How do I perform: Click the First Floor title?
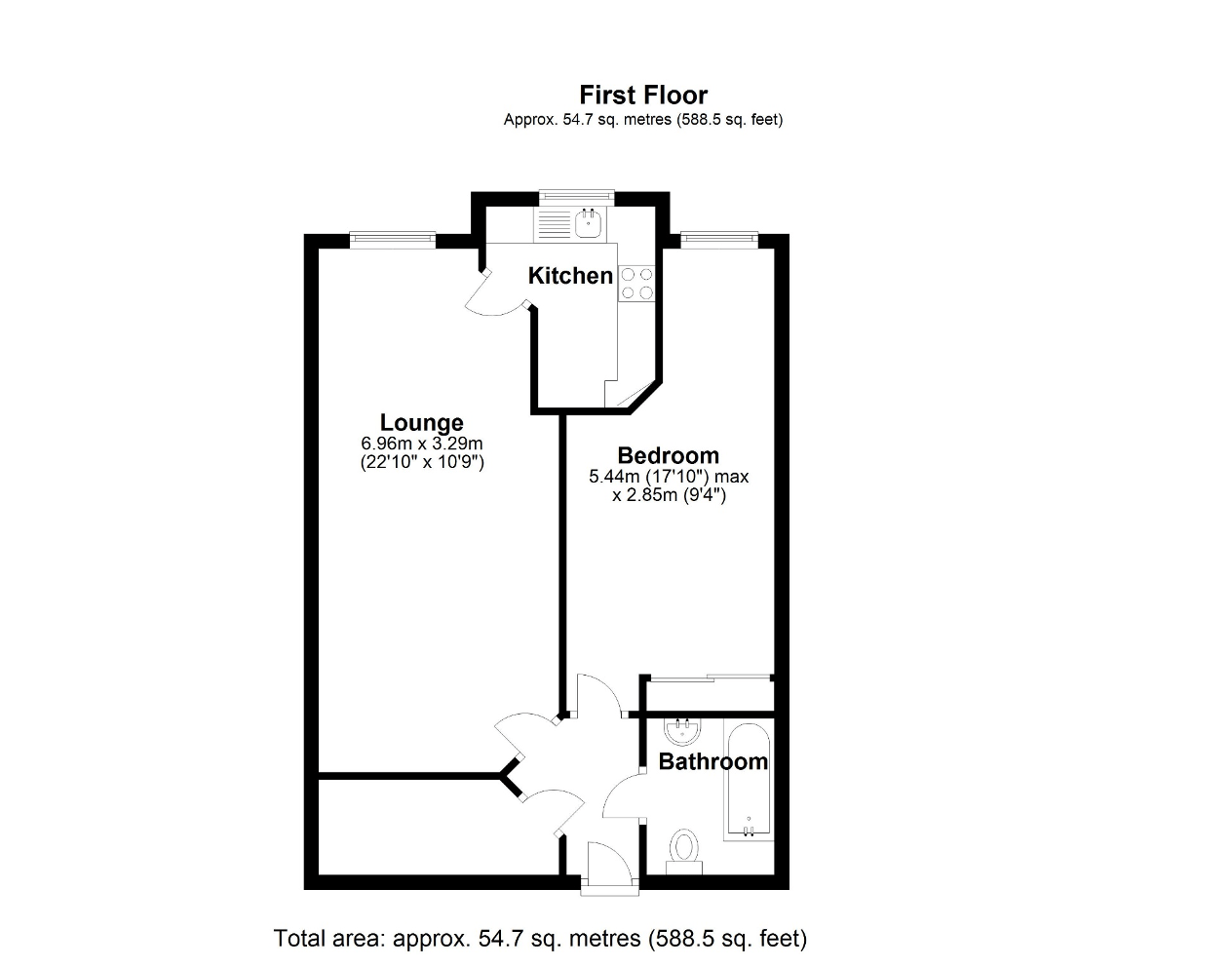(x=643, y=95)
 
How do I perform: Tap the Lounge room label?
(x=421, y=422)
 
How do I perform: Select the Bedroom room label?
(x=668, y=455)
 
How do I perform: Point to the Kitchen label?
(x=570, y=276)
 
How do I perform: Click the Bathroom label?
(x=712, y=761)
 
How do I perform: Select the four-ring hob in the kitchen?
(x=636, y=283)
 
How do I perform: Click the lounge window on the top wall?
(x=392, y=238)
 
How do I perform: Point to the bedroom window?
(x=718, y=237)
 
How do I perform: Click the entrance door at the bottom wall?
(x=610, y=868)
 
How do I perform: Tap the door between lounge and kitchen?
(x=492, y=297)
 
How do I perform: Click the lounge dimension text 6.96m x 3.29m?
(x=421, y=444)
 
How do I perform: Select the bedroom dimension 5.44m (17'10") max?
(x=668, y=477)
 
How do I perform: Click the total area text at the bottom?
(x=540, y=939)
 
